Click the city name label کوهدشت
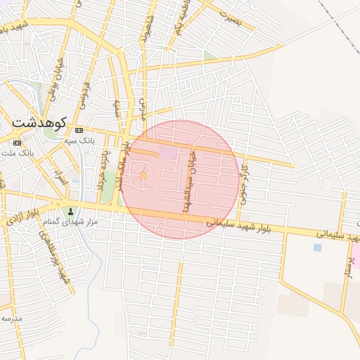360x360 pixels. pos(39,122)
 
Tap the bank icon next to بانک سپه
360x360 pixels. pos(79,130)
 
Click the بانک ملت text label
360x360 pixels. pos(19,152)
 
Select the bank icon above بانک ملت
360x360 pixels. pos(17,143)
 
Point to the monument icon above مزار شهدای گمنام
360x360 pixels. pos(70,212)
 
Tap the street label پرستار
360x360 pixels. pos(346,268)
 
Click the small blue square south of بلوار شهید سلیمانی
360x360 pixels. pos(318,247)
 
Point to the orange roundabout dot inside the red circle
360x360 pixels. pos(143,175)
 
